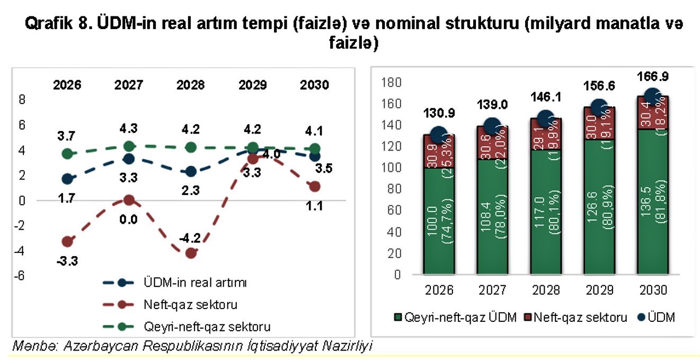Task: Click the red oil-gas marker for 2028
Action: [x=191, y=253]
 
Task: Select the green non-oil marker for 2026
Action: [x=67, y=154]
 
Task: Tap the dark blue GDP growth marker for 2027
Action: [x=129, y=159]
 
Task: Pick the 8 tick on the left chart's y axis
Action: [x=22, y=99]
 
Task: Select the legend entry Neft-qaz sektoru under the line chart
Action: [x=190, y=305]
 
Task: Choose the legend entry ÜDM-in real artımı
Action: [x=196, y=283]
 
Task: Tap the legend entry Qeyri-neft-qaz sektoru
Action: [x=203, y=326]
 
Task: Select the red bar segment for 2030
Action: [x=652, y=112]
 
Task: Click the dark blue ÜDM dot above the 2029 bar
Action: [x=599, y=108]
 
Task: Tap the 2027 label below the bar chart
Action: [x=491, y=290]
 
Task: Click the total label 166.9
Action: [x=652, y=76]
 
